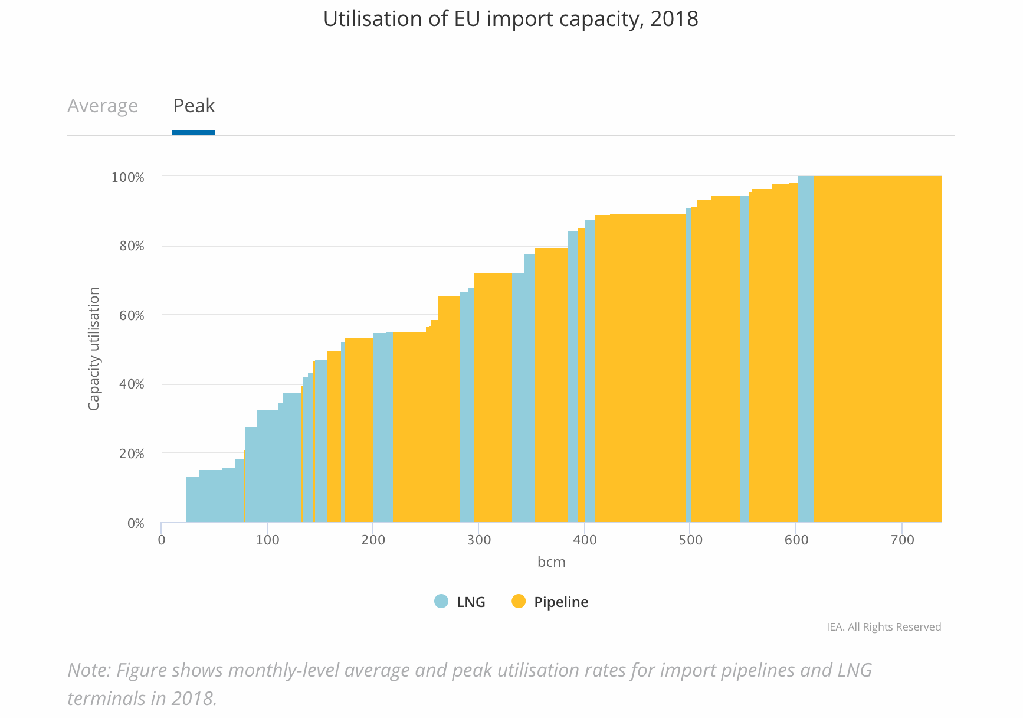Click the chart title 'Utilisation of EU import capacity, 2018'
510,19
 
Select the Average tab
103,106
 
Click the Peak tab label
194,106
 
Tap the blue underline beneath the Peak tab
194,132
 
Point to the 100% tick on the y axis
128,177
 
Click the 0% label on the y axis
136,523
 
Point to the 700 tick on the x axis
902,540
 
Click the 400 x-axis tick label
585,540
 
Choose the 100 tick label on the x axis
267,540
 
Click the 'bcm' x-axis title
551,562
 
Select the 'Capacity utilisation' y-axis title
94,348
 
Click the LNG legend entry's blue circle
441,602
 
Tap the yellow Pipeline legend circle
519,602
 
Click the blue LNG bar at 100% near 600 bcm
805,348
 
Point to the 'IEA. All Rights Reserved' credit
883,627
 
